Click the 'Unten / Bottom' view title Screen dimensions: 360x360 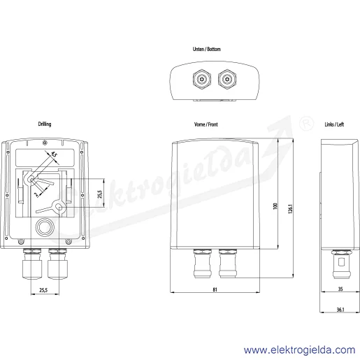pyautogui.click(x=207, y=49)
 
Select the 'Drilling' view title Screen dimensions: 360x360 pyautogui.click(x=45, y=124)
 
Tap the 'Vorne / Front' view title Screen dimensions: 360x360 pyautogui.click(x=206, y=124)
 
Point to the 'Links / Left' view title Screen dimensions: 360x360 pyautogui.click(x=334, y=124)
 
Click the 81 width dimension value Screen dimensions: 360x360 pyautogui.click(x=215, y=289)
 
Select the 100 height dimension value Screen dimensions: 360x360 pyautogui.click(x=275, y=206)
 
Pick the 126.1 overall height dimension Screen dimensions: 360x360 pyautogui.click(x=290, y=209)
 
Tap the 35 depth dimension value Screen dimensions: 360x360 pyautogui.click(x=340, y=289)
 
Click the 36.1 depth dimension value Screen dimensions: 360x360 pyautogui.click(x=340, y=310)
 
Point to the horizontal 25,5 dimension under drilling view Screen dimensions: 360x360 pyautogui.click(x=43, y=290)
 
